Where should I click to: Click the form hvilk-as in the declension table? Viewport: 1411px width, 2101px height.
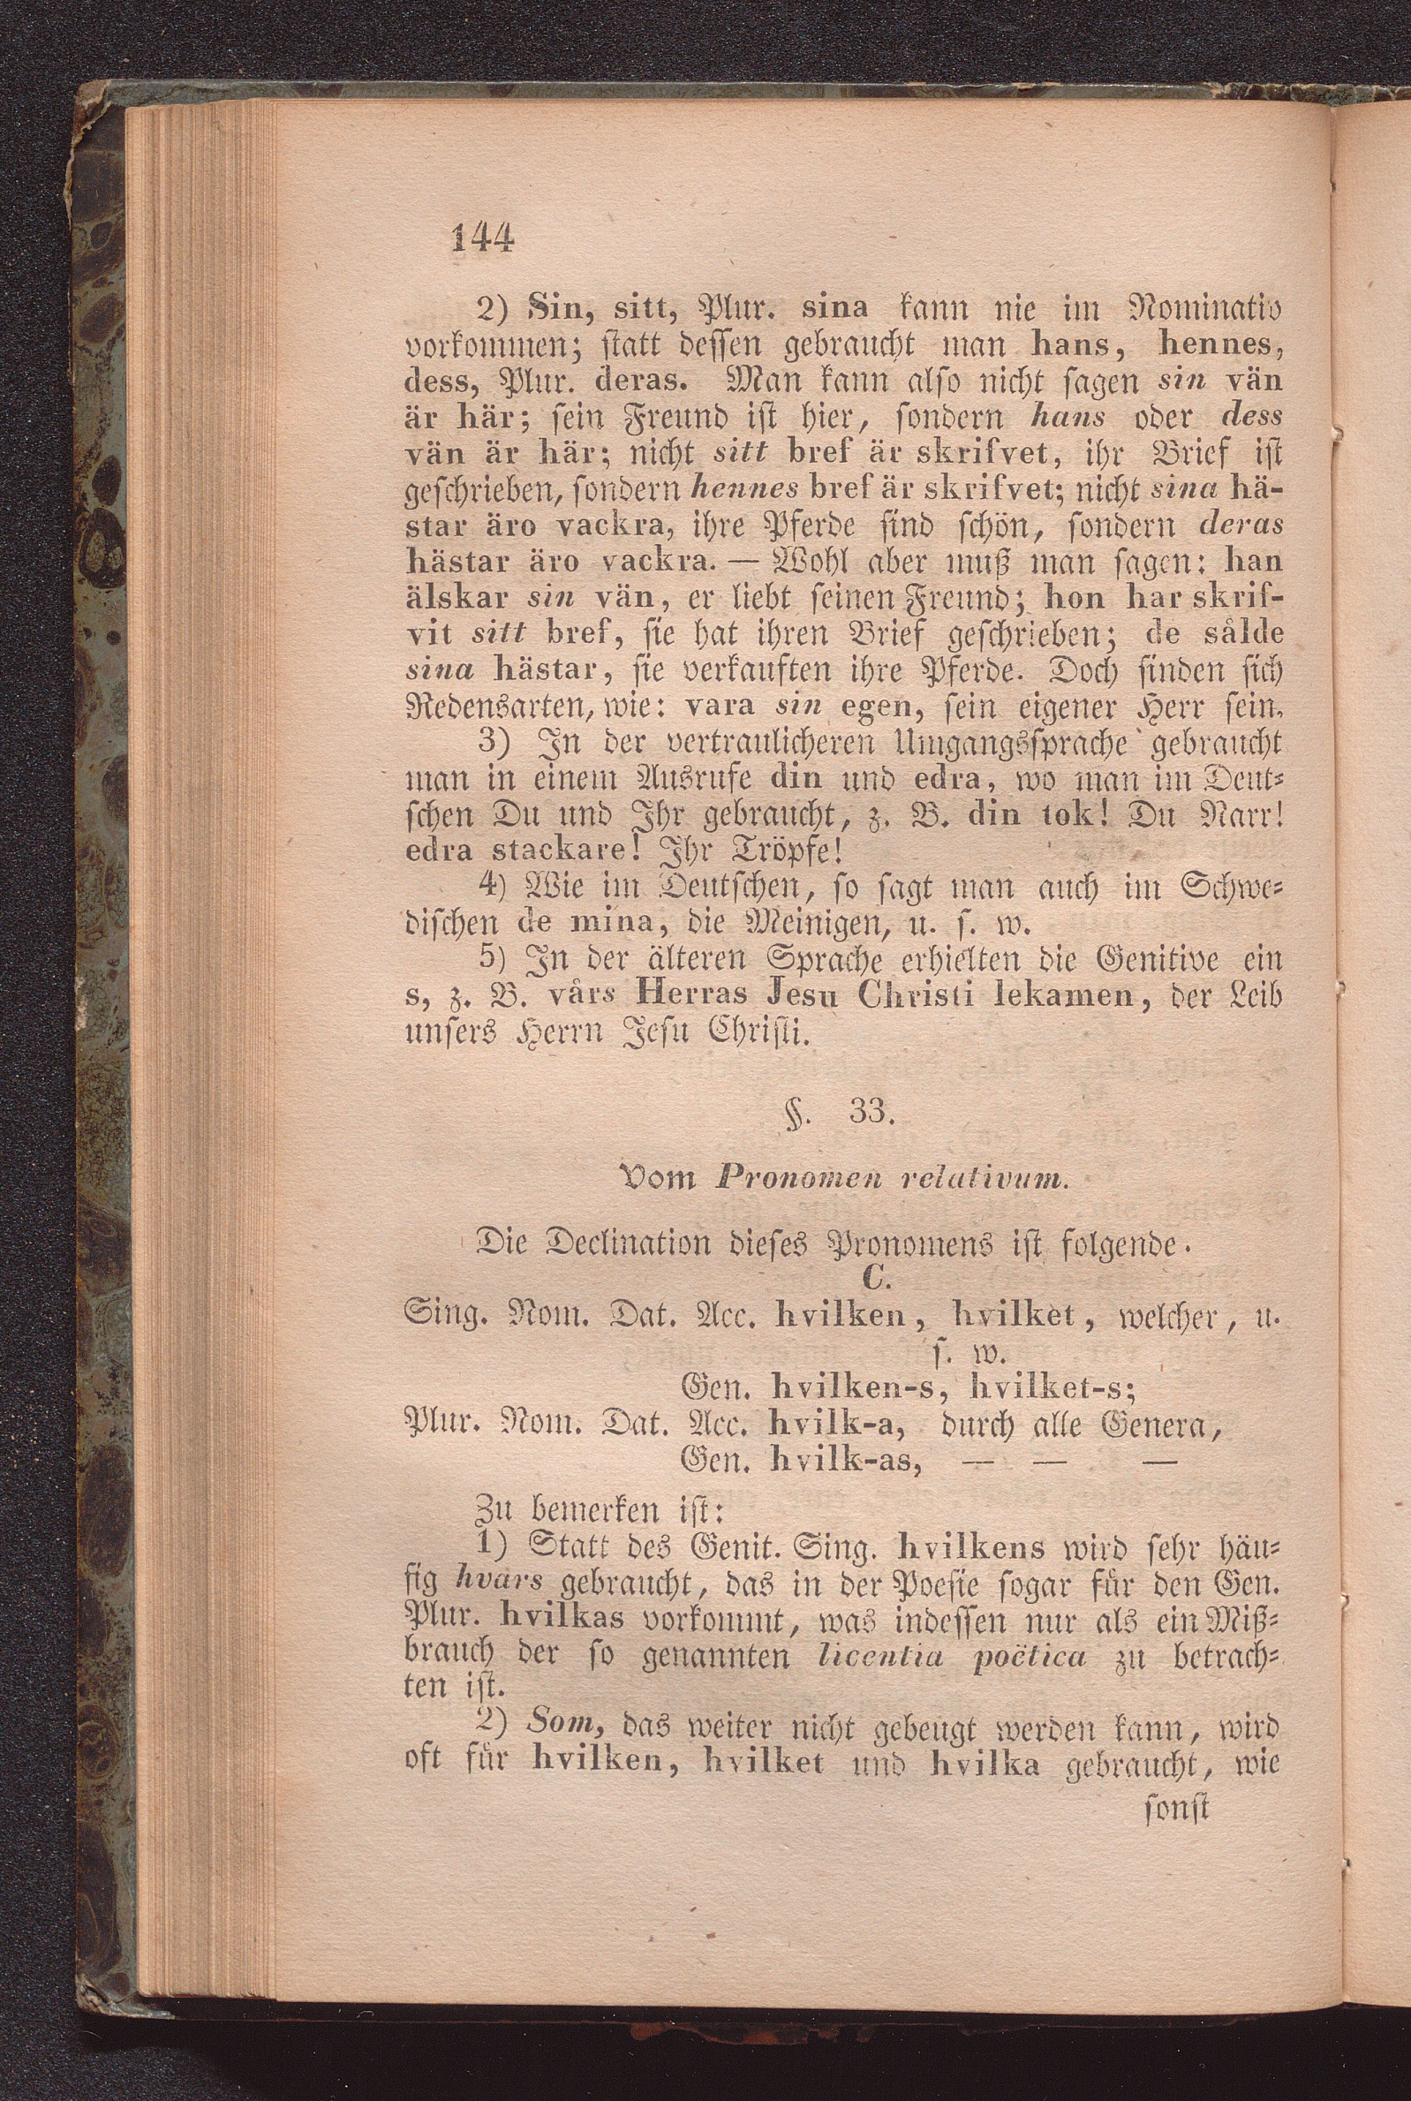click(845, 1463)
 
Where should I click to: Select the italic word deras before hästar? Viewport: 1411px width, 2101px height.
click(1241, 525)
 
